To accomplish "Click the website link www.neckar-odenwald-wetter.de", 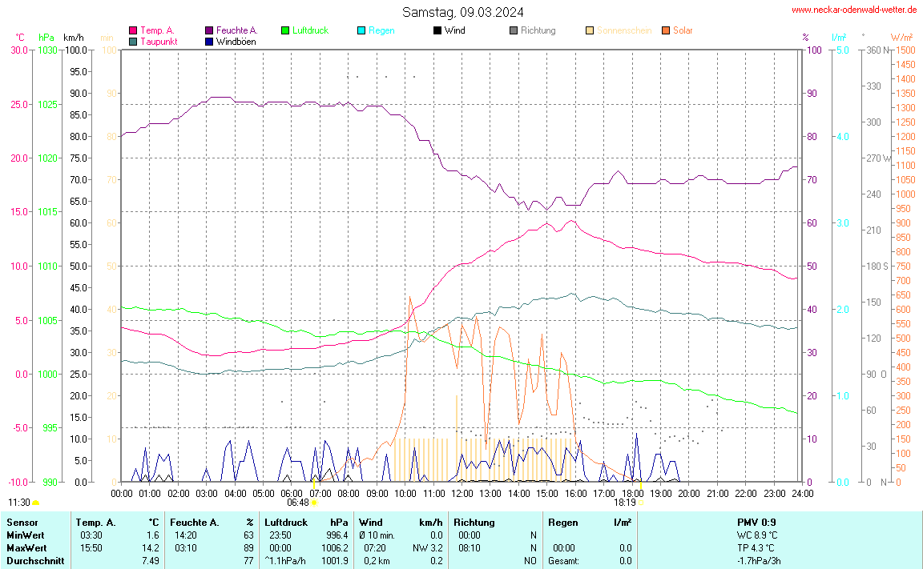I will point(853,10).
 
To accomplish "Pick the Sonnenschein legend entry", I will point(623,30).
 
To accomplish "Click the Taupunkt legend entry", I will point(159,41).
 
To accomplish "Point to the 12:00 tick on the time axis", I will point(462,494).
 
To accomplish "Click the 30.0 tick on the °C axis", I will point(18,50).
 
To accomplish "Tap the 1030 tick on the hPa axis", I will point(47,50).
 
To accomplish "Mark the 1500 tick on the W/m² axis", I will point(905,50).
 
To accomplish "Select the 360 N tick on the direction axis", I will point(875,50).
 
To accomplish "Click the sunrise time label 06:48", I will point(298,503).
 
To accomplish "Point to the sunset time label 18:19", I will point(625,503).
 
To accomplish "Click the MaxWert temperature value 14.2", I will point(152,547).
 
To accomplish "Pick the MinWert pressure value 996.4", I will point(337,535).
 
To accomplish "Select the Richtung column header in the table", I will point(474,522).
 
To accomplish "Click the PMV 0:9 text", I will point(756,522).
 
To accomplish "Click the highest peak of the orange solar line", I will point(410,298).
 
